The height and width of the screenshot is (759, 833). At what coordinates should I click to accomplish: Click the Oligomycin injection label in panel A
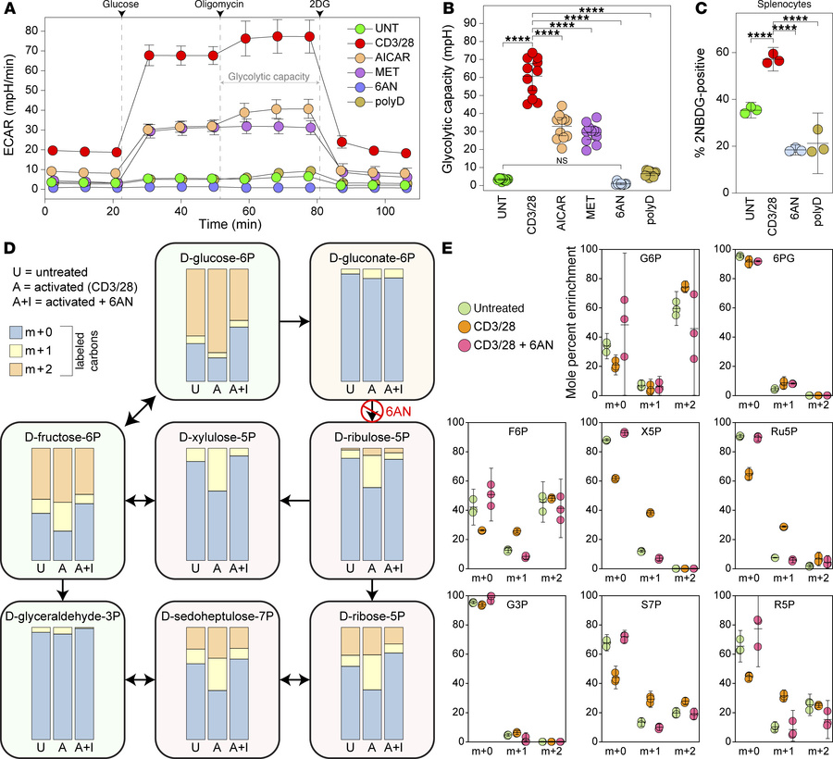click(219, 6)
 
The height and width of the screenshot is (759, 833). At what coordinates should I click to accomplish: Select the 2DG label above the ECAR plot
click(319, 6)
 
